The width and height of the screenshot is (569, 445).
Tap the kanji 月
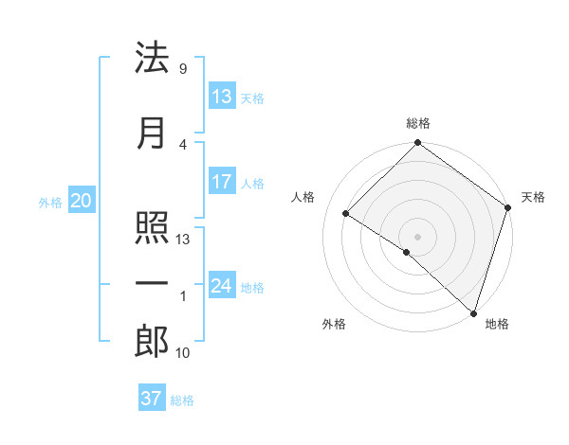coord(152,133)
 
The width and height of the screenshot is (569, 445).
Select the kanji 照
coord(152,229)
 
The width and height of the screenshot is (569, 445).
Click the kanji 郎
coord(152,342)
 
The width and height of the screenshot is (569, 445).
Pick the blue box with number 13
coord(222,97)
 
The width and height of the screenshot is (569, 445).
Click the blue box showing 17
coord(222,182)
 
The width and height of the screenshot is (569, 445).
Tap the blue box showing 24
coord(222,286)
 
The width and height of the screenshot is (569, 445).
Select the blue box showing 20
coord(81,201)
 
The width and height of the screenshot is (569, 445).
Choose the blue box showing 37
coord(151,399)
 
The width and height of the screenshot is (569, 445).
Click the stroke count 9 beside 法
coord(182,68)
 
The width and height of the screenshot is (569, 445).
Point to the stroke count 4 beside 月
coord(182,144)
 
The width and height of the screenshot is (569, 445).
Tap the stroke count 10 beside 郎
coord(182,353)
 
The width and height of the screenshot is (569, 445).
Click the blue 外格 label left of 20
coord(50,202)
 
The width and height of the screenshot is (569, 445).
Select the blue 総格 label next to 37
coord(182,400)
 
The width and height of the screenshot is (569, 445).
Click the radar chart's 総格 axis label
coord(417,124)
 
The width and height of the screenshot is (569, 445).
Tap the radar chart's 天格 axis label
coord(533,197)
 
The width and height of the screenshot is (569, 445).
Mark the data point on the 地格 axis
coord(473,312)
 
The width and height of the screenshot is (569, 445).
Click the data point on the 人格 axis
coord(346,213)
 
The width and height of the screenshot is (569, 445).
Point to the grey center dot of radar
coord(417,236)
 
